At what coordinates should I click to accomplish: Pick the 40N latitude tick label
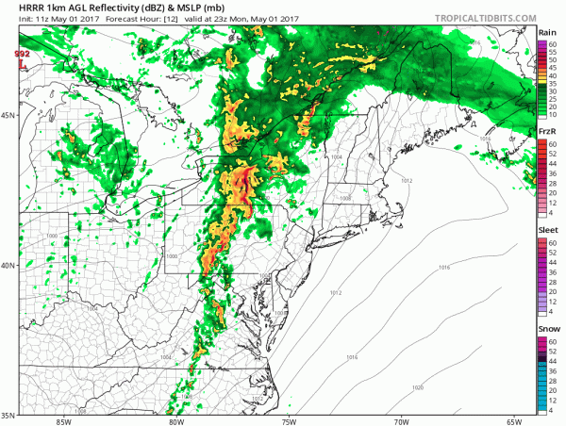[x=8, y=266]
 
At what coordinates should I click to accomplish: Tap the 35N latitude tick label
[x=8, y=415]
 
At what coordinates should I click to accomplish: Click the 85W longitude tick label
[x=63, y=421]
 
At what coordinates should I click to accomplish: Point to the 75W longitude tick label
[x=290, y=421]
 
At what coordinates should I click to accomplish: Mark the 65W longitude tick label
[x=514, y=421]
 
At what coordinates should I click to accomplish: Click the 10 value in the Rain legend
[x=557, y=116]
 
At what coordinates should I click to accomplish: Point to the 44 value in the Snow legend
[x=557, y=362]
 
